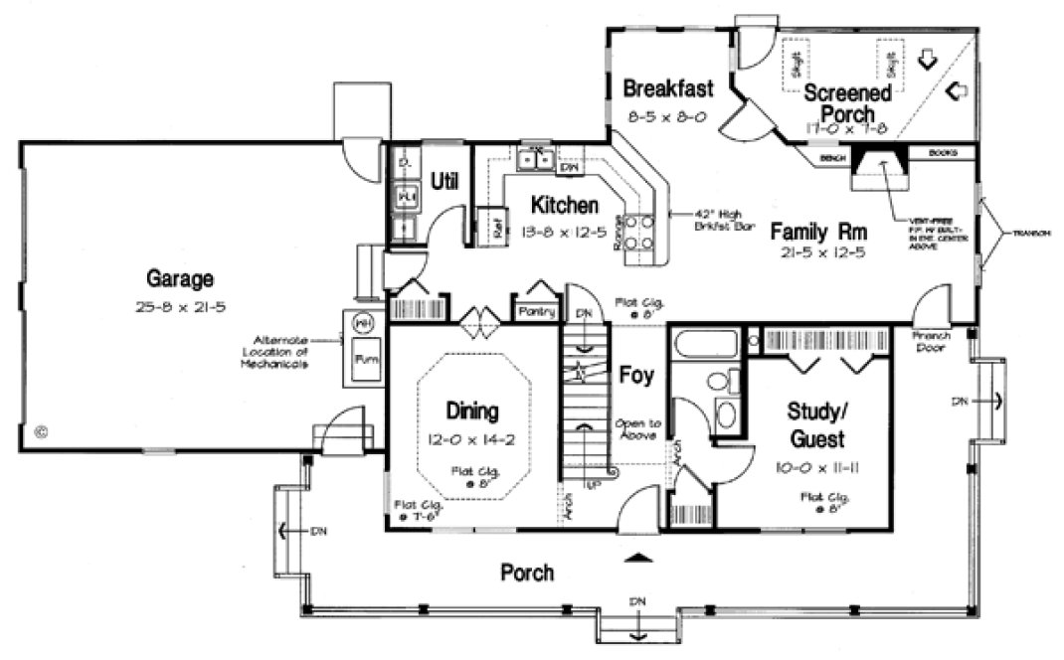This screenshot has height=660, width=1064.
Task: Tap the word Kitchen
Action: tap(564, 206)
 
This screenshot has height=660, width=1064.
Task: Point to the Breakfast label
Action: tap(667, 88)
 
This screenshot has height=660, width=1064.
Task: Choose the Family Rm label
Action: tap(819, 232)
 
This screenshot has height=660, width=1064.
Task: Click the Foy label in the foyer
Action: tap(636, 376)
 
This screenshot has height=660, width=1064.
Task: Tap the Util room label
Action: tap(443, 182)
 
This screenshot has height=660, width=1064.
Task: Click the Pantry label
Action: tap(536, 311)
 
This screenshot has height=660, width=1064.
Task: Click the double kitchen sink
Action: tap(535, 159)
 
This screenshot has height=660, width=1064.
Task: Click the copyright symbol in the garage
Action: tap(41, 432)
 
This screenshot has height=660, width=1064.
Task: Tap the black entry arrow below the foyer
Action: tap(636, 558)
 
